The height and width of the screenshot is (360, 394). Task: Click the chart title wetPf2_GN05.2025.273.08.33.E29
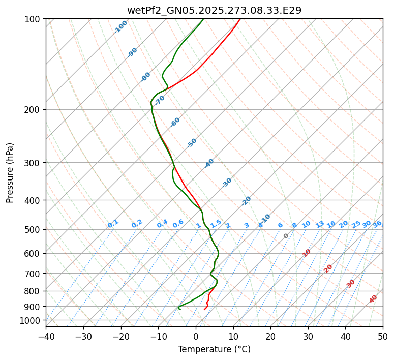[x=214, y=10]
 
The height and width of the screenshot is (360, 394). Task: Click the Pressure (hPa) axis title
[x=10, y=173]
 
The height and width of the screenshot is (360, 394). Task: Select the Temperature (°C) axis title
[x=214, y=349]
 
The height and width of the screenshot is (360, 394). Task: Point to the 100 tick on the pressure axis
[x=33, y=19]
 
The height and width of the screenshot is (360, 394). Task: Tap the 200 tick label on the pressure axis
[x=33, y=110]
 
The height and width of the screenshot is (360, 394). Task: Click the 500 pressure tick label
[x=33, y=230]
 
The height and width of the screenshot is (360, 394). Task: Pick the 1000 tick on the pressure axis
[x=31, y=320]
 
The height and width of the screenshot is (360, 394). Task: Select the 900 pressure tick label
[x=33, y=307]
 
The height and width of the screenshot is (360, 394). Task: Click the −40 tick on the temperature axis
[x=46, y=336]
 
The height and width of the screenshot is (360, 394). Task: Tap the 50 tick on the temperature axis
[x=383, y=336]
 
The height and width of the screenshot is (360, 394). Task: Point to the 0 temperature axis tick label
[x=196, y=336]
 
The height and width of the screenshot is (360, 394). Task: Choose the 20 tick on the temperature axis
[x=270, y=336]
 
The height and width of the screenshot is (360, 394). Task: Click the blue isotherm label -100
[x=120, y=27]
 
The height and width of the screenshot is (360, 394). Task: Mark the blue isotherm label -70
[x=160, y=100]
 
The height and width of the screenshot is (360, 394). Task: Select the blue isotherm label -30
[x=227, y=183]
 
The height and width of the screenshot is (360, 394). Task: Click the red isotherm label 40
[x=373, y=299]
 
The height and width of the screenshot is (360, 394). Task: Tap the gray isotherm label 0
[x=286, y=236]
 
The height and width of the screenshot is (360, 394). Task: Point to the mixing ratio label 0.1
[x=113, y=224]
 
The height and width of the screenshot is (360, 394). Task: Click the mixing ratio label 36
[x=377, y=224]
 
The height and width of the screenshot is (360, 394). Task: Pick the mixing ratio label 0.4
[x=162, y=224]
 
